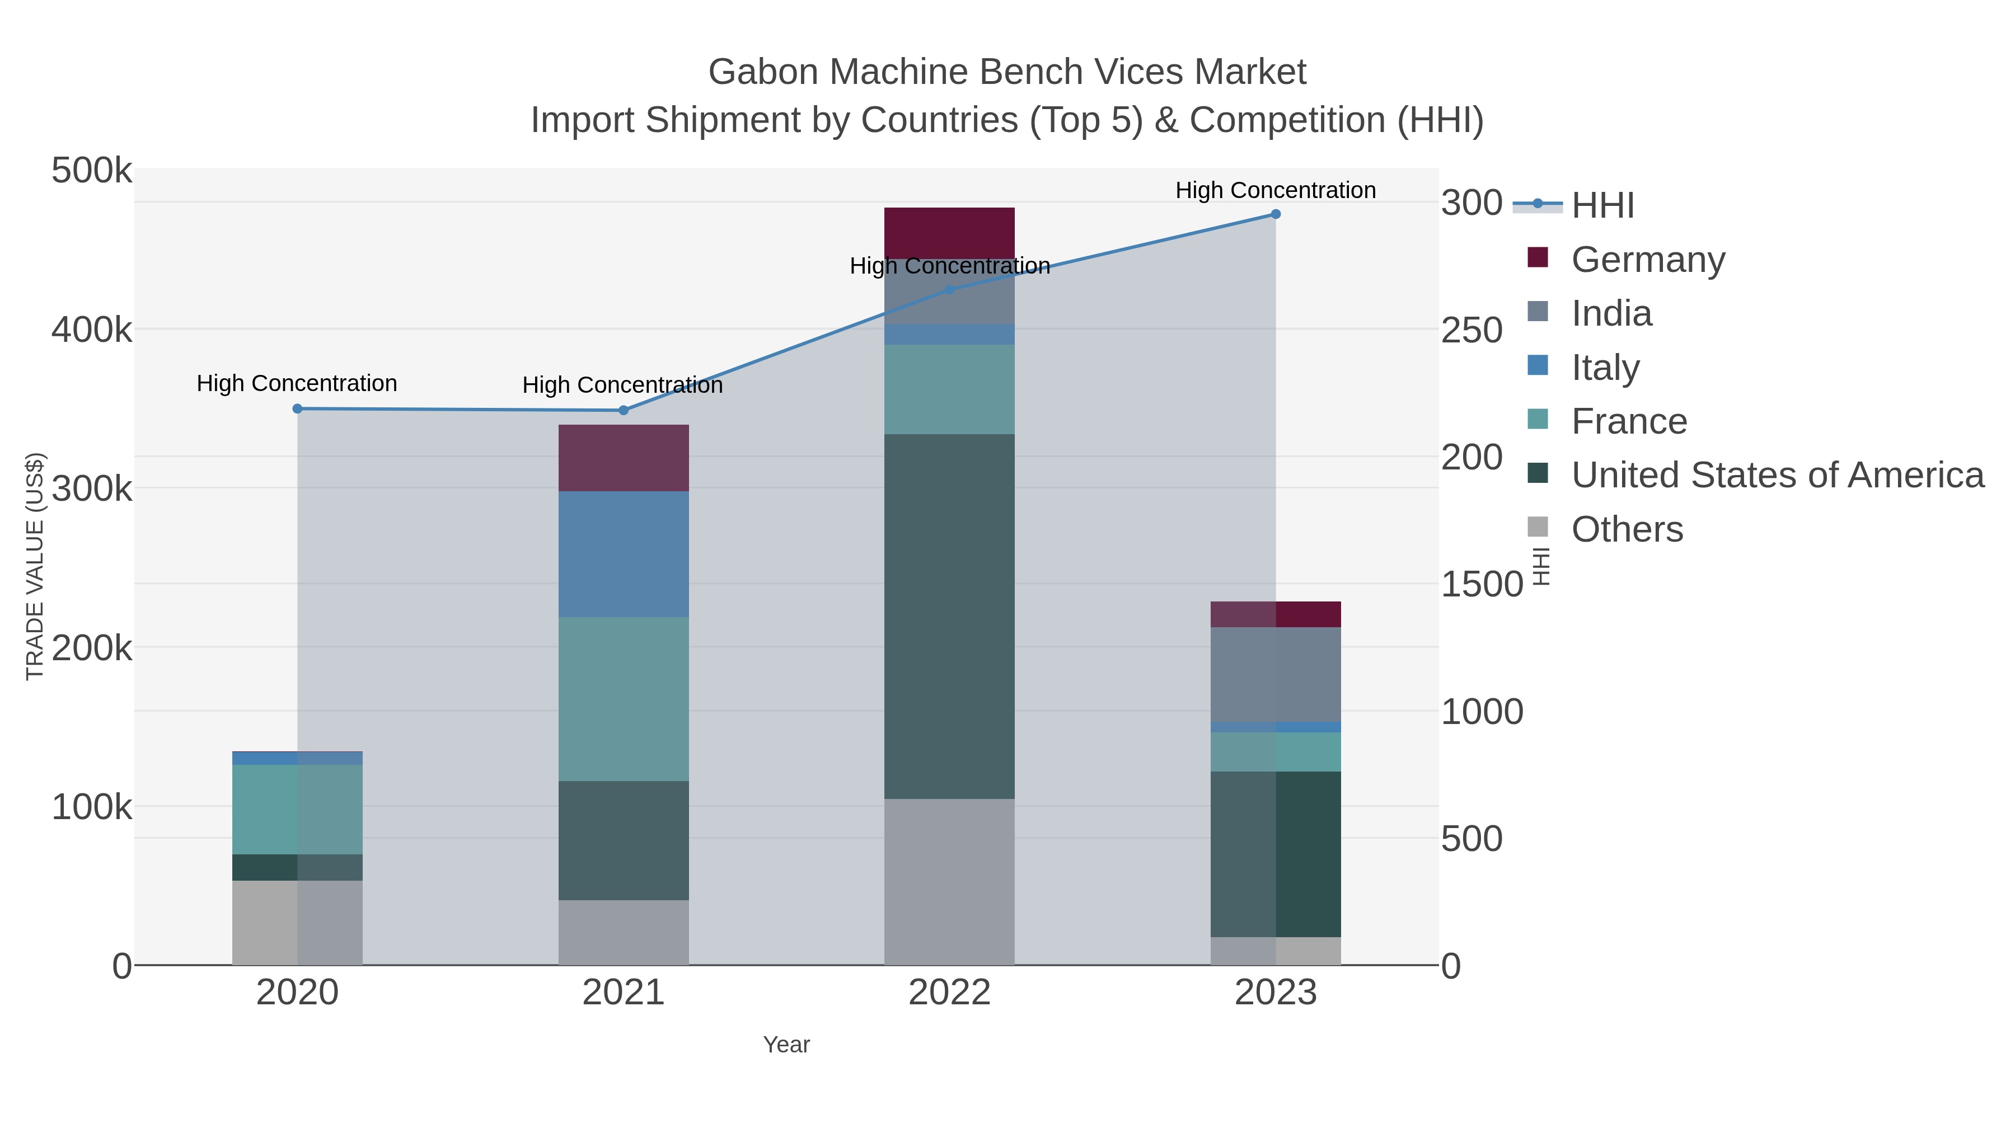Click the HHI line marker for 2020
click(297, 409)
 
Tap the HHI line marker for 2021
click(624, 411)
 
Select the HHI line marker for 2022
click(950, 289)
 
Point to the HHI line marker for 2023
click(1276, 214)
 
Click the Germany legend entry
click(1647, 260)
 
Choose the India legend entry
click(1611, 313)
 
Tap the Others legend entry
click(1627, 529)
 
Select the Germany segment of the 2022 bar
click(950, 232)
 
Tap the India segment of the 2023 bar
click(1276, 674)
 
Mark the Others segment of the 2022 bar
click(950, 881)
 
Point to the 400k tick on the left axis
click(92, 330)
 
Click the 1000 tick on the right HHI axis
click(1482, 712)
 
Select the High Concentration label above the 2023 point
click(1276, 190)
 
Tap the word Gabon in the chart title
click(763, 72)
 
